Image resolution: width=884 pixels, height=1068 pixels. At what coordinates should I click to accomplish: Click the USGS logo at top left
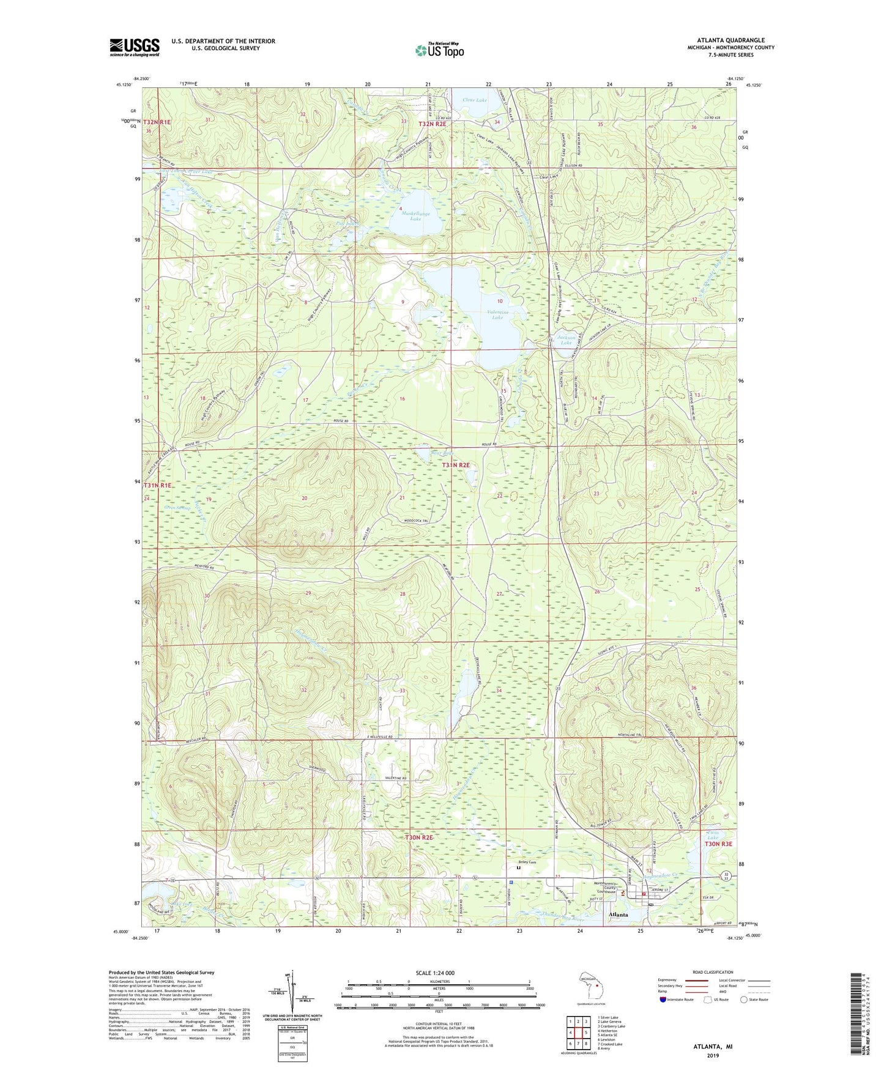coord(135,47)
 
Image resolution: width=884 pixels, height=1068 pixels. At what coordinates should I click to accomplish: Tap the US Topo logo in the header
coord(439,50)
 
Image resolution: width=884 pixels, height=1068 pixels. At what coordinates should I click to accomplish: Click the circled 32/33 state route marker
coord(724,877)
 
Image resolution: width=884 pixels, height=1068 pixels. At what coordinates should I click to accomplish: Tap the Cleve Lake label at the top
coord(475,99)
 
